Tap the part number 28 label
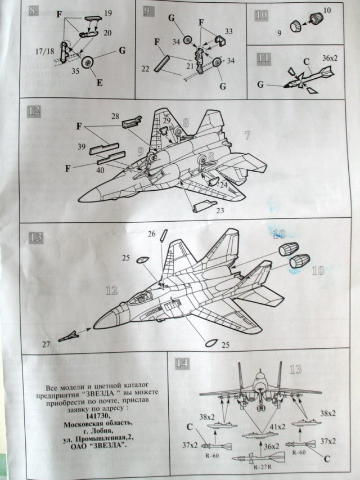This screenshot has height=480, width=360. [x=115, y=116]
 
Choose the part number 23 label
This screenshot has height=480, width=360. [x=219, y=211]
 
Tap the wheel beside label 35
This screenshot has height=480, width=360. [x=89, y=63]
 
